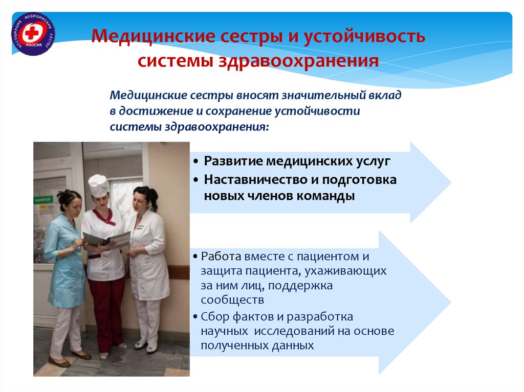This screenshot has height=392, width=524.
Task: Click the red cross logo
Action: [x=33, y=34]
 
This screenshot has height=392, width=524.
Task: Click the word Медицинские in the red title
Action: [x=153, y=36]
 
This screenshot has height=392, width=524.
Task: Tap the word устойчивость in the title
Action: [x=364, y=37]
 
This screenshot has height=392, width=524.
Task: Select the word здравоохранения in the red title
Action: [x=298, y=61]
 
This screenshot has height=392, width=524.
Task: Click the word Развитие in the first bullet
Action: [x=233, y=162]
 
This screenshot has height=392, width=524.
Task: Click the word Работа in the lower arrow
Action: [x=221, y=257]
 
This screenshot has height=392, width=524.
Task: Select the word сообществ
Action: [x=232, y=300]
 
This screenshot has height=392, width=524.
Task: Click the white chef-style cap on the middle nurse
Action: [x=98, y=185]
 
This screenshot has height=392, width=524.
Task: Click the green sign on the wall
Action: [x=43, y=200]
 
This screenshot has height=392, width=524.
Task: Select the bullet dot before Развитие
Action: [x=196, y=162]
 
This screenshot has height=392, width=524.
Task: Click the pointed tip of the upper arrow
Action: [x=451, y=182]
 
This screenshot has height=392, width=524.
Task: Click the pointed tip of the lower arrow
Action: [x=451, y=303]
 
